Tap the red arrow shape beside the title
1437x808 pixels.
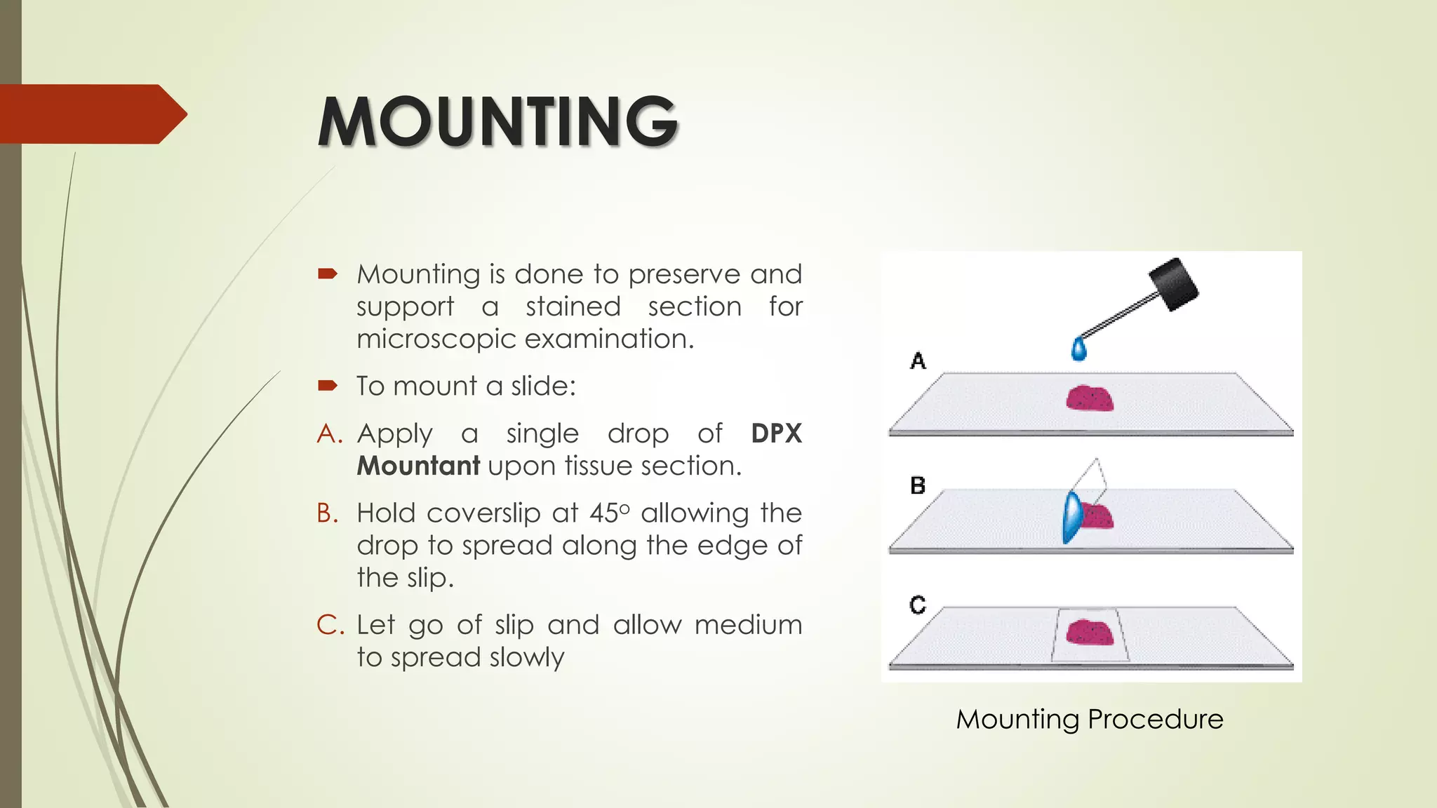(91, 114)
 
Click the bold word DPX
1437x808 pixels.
(776, 433)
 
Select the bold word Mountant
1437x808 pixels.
(418, 466)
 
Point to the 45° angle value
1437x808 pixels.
(609, 513)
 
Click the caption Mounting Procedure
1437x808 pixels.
(1089, 719)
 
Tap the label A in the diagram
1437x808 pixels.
(918, 361)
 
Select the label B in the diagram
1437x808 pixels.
(918, 485)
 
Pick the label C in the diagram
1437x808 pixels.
(918, 605)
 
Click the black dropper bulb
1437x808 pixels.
(1172, 283)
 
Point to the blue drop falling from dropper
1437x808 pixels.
(1079, 349)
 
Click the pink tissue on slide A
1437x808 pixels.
(1090, 398)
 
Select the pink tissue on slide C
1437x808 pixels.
(1090, 632)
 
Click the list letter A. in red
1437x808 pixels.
(329, 433)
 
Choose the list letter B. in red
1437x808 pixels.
(328, 513)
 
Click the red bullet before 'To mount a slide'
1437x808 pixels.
(328, 385)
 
